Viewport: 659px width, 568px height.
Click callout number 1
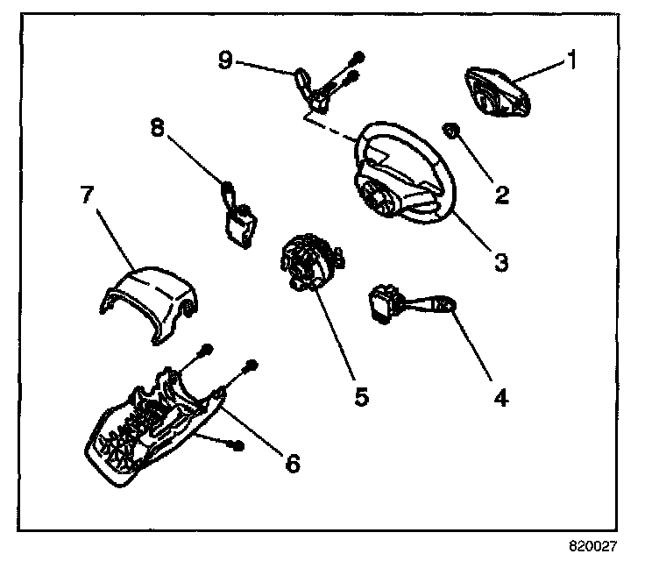[x=571, y=60]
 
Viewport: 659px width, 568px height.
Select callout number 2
[x=500, y=193]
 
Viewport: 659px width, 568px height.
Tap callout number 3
[x=500, y=261]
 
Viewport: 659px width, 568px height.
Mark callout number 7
[x=87, y=195]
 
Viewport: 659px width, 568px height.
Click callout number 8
[x=157, y=127]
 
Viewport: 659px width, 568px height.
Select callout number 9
[x=225, y=60]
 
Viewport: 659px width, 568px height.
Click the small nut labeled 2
[x=454, y=131]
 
